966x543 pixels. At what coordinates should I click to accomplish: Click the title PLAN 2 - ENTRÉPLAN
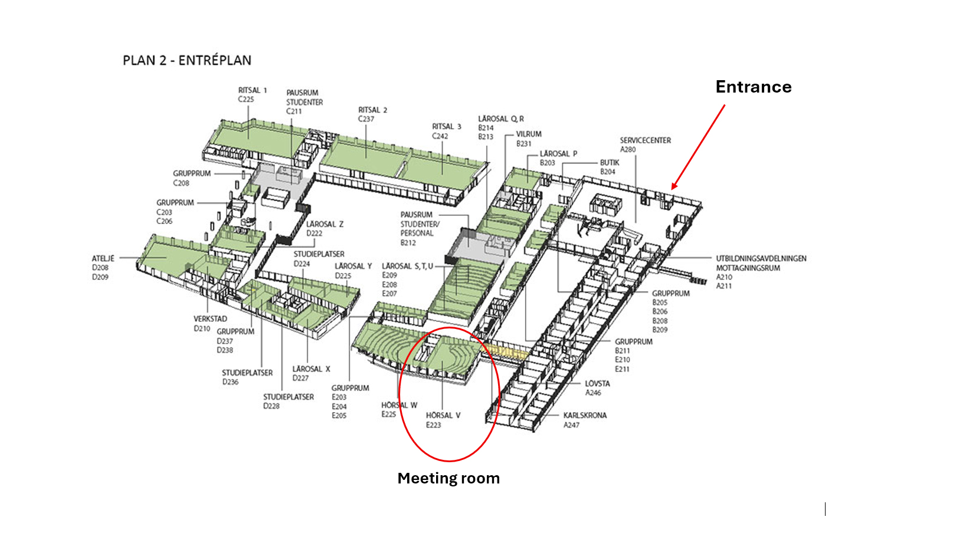pyautogui.click(x=186, y=60)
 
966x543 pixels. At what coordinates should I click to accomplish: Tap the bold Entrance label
pyautogui.click(x=753, y=87)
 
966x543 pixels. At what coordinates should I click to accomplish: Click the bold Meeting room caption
pyautogui.click(x=448, y=478)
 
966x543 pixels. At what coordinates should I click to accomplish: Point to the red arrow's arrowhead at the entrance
pyautogui.click(x=673, y=188)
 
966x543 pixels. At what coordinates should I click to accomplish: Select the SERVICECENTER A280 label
pyautogui.click(x=645, y=144)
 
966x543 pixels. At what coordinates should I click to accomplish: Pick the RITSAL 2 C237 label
pyautogui.click(x=372, y=114)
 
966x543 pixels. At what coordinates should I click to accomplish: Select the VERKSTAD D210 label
pyautogui.click(x=210, y=323)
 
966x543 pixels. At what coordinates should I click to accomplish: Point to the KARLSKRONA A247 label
pyautogui.click(x=584, y=420)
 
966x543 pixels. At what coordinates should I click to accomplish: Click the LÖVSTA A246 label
pyautogui.click(x=597, y=388)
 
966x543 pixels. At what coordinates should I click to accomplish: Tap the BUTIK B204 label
pyautogui.click(x=610, y=167)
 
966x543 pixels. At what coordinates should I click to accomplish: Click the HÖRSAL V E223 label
pyautogui.click(x=443, y=420)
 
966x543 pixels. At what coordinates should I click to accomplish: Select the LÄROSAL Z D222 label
pyautogui.click(x=324, y=229)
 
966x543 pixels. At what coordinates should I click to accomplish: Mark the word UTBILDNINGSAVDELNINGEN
pyautogui.click(x=761, y=258)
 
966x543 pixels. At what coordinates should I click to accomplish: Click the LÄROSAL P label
pyautogui.click(x=558, y=154)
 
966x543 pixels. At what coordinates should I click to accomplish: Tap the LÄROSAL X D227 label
pyautogui.click(x=311, y=373)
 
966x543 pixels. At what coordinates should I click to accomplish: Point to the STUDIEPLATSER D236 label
pyautogui.click(x=247, y=377)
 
